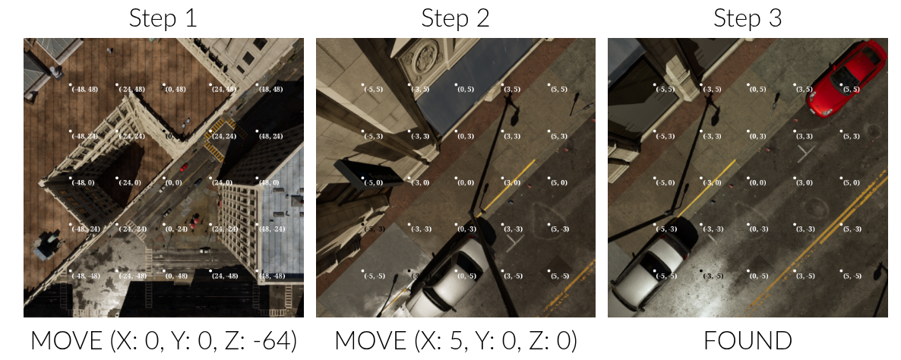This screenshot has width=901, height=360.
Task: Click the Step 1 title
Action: pos(163,19)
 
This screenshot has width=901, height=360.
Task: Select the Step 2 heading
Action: pos(455,19)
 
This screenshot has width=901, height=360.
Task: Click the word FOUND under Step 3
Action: pos(748,340)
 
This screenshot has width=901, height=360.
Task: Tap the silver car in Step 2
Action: pos(445,273)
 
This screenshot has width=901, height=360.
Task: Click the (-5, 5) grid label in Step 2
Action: pos(373,90)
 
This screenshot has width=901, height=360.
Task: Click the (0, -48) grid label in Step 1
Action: pos(175,276)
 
